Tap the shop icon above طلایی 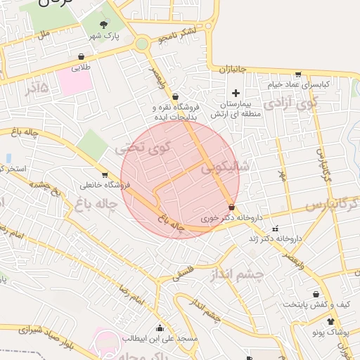pos(82,57)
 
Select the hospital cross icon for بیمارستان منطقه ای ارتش pos(236,93)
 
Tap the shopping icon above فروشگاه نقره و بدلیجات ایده pos(175,97)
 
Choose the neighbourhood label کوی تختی pos(142,148)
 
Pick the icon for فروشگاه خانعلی pos(105,174)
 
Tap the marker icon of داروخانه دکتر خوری pos(233,207)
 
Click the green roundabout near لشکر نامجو pos(142,44)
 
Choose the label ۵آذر pos(36,89)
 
